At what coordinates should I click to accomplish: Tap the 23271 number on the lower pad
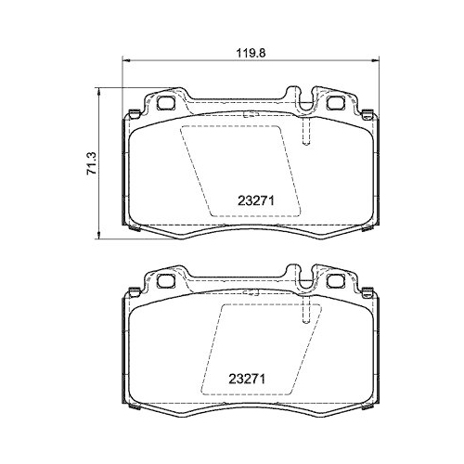click(x=247, y=379)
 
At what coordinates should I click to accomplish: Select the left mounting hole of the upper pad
click(x=167, y=103)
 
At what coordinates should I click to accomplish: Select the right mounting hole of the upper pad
click(x=331, y=102)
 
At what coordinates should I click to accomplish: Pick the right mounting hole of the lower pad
click(x=331, y=280)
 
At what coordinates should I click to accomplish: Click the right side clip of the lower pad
click(x=375, y=351)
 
